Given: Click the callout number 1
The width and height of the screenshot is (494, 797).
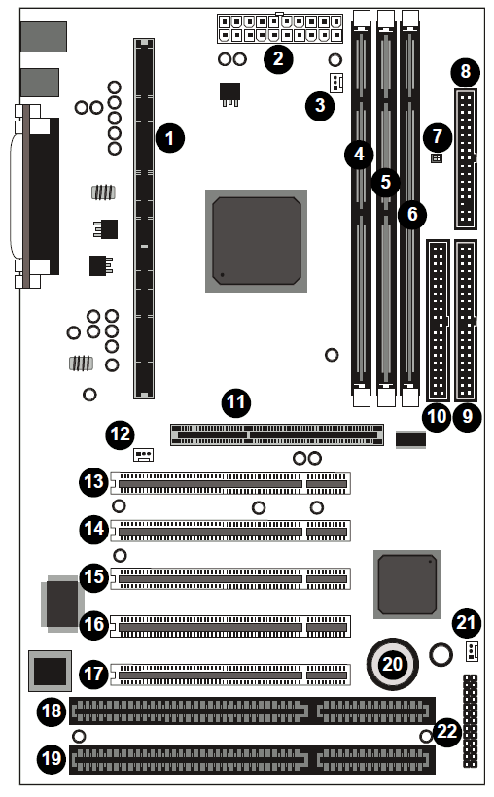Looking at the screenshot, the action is point(170,138).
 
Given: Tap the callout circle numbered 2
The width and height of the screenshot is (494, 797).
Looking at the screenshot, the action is point(278,59).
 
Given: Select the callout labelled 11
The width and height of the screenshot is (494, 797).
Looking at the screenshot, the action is point(236,403).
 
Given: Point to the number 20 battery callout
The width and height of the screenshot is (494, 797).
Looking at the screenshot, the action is point(392,664).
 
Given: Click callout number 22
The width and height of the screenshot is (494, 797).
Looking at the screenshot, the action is point(447,732).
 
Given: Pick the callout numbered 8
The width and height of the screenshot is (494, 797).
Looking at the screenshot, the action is point(466,72).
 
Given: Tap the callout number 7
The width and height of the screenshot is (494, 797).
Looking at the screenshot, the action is point(438,136).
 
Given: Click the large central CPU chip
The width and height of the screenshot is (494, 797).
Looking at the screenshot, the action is point(256,241).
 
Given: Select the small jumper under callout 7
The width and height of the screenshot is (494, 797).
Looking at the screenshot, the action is point(437,158).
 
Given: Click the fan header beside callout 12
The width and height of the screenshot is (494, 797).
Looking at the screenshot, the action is point(144,454).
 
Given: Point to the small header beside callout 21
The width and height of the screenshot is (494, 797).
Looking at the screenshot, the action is point(473,651).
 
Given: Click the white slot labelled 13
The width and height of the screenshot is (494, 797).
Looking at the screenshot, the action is point(230,483).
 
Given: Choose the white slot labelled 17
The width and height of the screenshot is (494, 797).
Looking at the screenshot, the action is point(230,675).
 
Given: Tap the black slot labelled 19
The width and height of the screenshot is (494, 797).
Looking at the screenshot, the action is point(252,760).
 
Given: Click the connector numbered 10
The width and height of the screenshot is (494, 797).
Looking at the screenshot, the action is point(438,320).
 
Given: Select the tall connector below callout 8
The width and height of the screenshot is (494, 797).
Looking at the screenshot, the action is point(466,159).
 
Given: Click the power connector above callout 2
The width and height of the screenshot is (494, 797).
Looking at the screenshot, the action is point(280,28).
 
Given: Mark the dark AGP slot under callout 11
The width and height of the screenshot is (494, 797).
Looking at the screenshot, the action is point(277,435).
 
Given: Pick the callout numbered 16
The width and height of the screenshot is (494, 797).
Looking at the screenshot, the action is point(94,625).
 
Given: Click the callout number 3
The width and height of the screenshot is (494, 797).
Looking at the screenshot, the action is point(320,106).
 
